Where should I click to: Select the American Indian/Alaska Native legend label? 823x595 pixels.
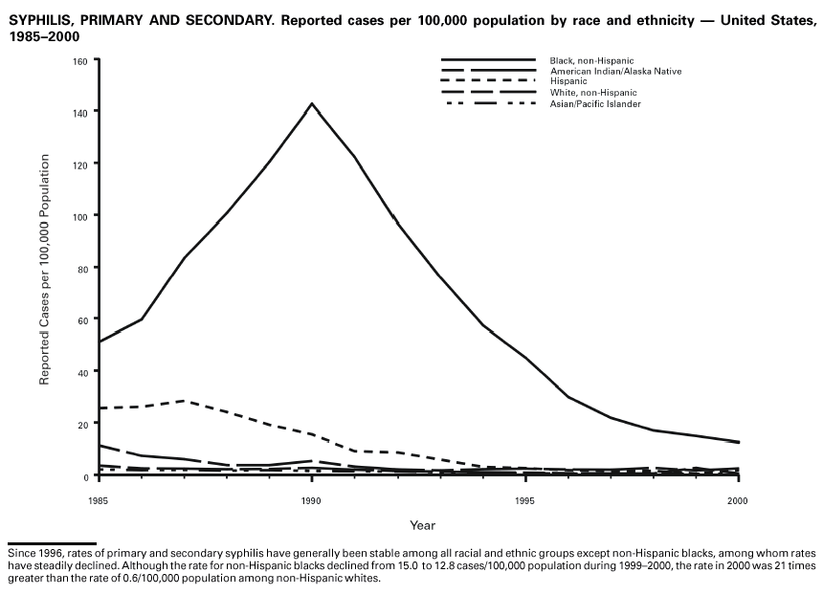(615, 71)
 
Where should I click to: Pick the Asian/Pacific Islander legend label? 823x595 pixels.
(595, 103)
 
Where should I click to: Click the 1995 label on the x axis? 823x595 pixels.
(524, 500)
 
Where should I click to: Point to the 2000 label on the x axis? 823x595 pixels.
(738, 500)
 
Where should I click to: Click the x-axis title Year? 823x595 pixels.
(422, 525)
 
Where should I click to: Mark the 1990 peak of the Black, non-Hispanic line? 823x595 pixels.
(311, 103)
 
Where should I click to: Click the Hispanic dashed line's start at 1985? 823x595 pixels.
(99, 408)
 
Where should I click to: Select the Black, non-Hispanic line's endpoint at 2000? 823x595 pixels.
(738, 442)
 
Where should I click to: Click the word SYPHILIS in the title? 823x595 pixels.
(40, 20)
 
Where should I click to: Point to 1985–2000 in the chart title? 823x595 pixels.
(44, 36)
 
